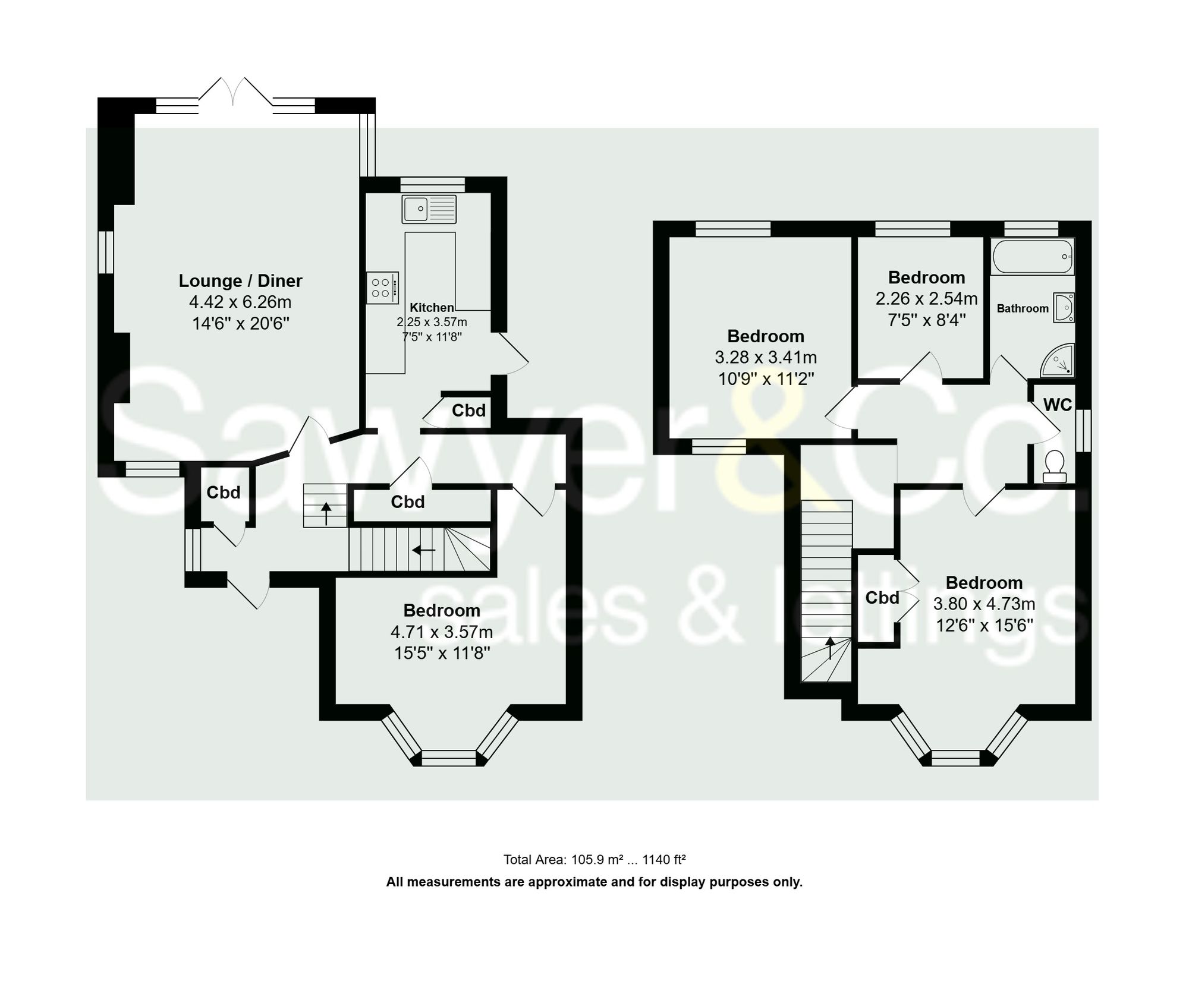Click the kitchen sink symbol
click(429, 209)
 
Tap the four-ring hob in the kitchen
click(382, 288)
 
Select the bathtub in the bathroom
click(1032, 257)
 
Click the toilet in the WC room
click(1054, 466)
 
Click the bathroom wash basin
click(1064, 307)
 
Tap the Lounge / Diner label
click(240, 280)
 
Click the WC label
click(1058, 405)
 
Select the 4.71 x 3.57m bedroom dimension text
click(441, 632)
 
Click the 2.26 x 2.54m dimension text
click(926, 298)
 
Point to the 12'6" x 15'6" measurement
click(984, 625)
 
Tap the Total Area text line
click(594, 859)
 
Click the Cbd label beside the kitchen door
click(468, 411)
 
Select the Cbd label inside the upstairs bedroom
click(882, 598)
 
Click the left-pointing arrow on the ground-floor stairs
click(423, 550)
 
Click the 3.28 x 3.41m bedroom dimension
click(766, 357)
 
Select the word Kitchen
click(432, 307)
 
